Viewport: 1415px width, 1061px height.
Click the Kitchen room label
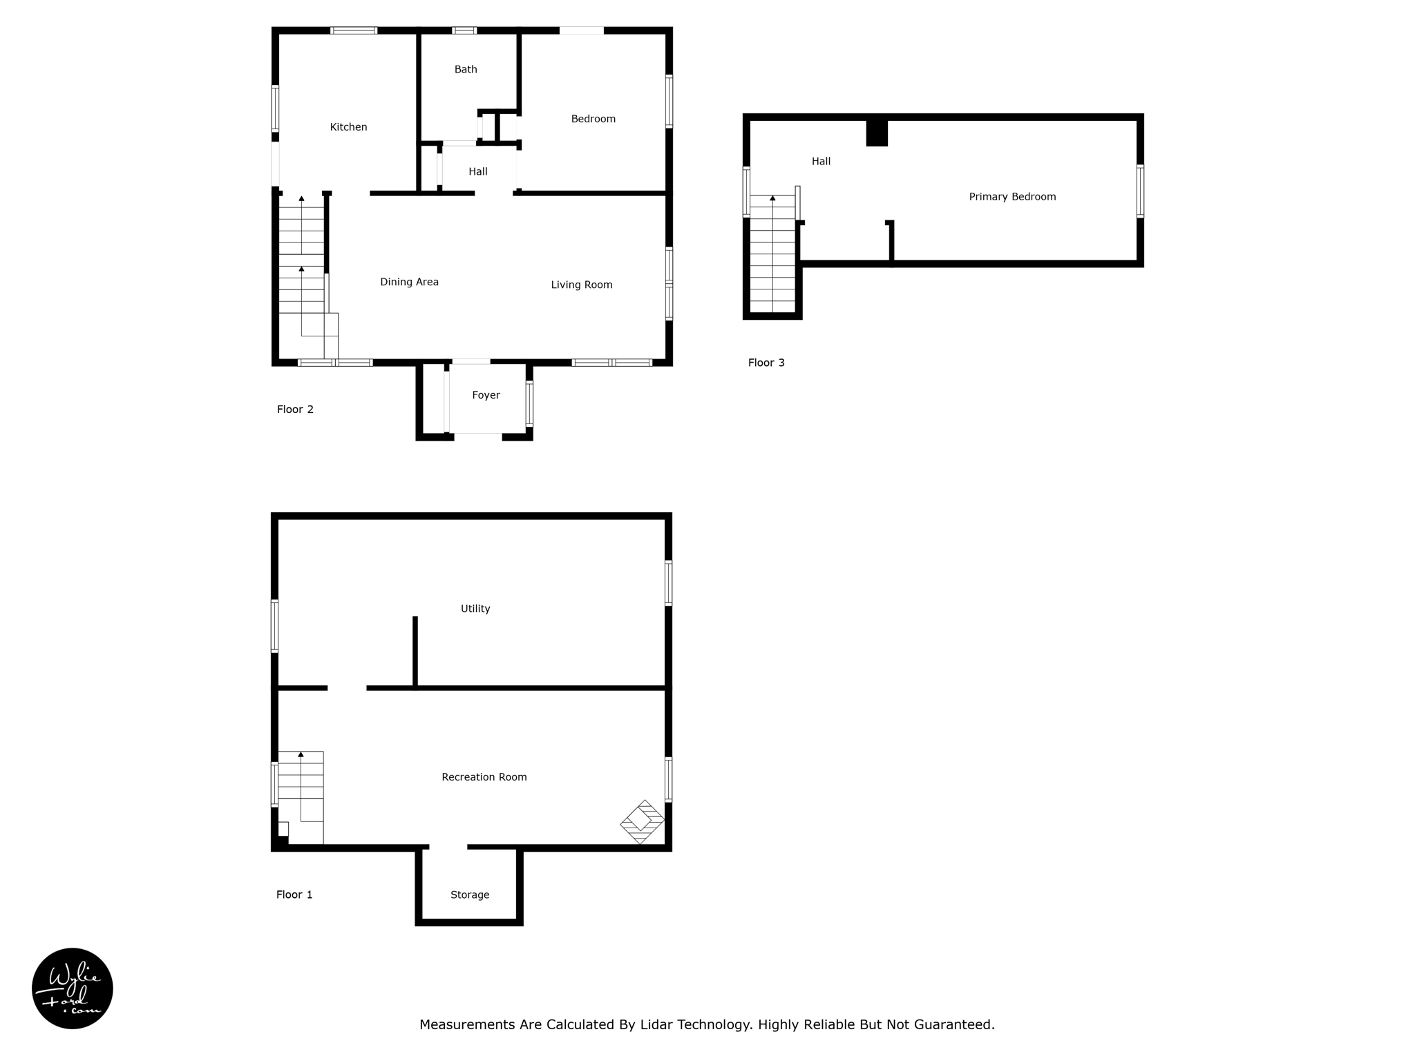point(348,127)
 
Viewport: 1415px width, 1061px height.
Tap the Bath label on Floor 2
point(466,69)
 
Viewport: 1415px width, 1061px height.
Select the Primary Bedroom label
point(1012,197)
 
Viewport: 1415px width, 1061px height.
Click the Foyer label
point(486,395)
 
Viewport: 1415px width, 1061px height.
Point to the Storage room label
point(470,895)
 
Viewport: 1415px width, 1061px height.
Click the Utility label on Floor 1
point(475,609)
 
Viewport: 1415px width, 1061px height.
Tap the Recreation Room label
point(484,777)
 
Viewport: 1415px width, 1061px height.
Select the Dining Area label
point(409,282)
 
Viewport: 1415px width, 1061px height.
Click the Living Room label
point(581,285)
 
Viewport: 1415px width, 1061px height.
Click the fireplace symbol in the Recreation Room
point(642,821)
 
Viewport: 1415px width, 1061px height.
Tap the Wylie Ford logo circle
point(73,988)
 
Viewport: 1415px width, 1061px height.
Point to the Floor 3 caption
point(766,363)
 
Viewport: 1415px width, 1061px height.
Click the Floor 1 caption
point(294,895)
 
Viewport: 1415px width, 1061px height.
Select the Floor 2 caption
point(295,410)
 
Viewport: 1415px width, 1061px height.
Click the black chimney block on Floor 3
point(877,133)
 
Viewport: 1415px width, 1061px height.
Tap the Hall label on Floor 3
point(821,162)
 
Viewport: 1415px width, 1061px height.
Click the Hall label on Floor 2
point(477,172)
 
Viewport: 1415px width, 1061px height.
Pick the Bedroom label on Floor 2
point(593,119)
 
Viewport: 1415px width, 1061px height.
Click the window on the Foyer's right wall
point(529,403)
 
